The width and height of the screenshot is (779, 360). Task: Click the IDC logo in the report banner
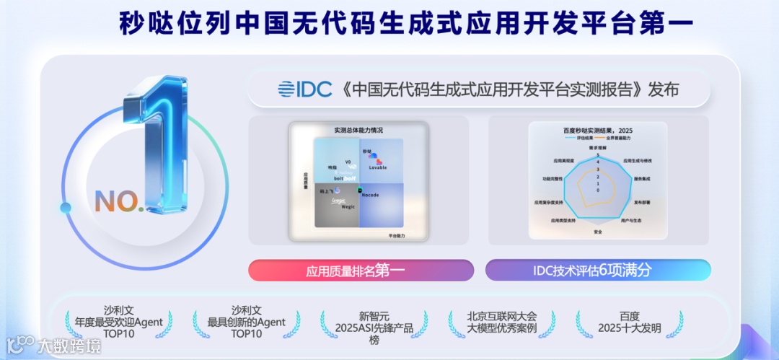click(304, 89)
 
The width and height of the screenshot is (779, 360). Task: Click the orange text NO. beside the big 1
click(120, 201)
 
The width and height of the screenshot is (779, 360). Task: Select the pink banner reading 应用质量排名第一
click(361, 271)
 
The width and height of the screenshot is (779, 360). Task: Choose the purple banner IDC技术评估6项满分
click(597, 271)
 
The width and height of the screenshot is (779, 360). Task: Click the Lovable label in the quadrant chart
click(378, 167)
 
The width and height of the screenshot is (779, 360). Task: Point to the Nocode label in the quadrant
click(369, 195)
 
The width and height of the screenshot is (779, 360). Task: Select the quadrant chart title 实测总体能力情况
click(358, 131)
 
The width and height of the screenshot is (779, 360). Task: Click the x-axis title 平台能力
click(397, 236)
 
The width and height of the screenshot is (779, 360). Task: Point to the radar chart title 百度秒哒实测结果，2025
click(597, 131)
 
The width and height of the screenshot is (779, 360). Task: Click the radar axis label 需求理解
click(597, 147)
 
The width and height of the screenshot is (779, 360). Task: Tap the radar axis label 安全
click(597, 232)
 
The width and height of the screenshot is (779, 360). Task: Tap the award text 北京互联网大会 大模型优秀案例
click(502, 322)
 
